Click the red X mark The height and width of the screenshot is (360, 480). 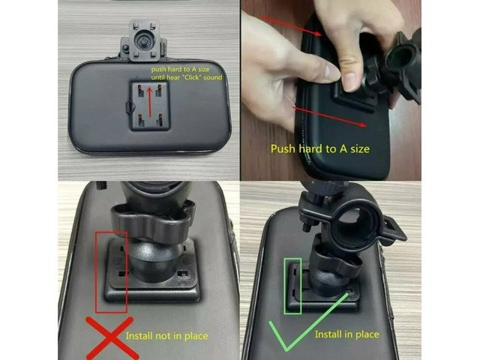111,338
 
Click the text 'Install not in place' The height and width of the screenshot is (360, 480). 166,336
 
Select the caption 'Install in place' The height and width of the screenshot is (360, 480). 346,334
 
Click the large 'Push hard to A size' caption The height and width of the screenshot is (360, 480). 320,148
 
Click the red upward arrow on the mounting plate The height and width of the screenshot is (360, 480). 150,102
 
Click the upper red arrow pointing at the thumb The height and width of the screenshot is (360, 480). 292,25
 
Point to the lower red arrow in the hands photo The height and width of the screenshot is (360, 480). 330,116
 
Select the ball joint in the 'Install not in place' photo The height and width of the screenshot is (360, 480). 155,260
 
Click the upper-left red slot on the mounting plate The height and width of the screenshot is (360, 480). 140,90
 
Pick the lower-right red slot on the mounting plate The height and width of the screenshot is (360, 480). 160,120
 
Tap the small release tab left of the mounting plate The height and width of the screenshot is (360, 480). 130,106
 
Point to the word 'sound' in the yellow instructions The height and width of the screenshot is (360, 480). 213,77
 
